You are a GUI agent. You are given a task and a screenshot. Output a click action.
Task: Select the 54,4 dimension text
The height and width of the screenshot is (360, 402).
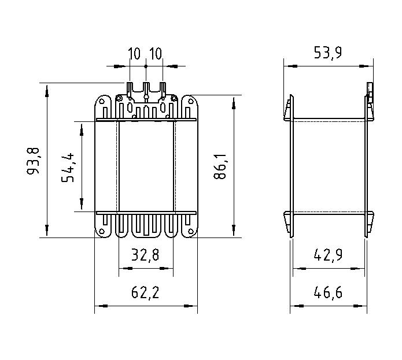(x=69, y=166)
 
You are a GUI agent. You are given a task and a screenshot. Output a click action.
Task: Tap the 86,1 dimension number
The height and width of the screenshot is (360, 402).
(x=220, y=168)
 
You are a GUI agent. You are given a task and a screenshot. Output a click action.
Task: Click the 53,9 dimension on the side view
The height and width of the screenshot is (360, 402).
(x=327, y=54)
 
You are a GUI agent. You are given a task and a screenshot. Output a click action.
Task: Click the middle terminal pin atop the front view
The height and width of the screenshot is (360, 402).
(x=146, y=90)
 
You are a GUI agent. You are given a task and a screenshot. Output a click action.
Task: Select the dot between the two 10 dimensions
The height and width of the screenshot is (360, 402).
(x=146, y=66)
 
